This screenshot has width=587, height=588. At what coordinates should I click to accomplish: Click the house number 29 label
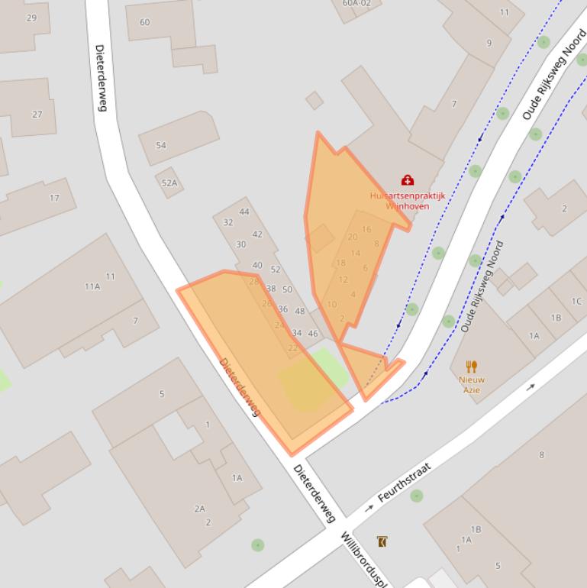tap(31, 18)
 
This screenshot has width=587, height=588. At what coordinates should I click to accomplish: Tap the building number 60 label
tap(144, 22)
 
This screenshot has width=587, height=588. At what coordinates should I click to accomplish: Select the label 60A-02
tap(356, 3)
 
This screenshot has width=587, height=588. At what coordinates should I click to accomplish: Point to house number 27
tap(37, 115)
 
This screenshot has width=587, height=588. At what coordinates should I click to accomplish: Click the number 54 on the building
tap(160, 145)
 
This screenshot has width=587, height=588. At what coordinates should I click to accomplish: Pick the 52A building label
tap(169, 183)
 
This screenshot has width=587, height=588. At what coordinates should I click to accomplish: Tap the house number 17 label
tap(54, 198)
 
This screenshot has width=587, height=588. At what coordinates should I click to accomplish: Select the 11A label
tap(92, 286)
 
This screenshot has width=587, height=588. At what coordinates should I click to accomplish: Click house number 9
tap(489, 43)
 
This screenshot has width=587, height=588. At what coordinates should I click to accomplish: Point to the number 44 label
tap(244, 212)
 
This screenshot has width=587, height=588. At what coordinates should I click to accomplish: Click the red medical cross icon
tap(408, 180)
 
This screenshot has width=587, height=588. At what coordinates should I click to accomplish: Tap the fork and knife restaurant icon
tap(472, 367)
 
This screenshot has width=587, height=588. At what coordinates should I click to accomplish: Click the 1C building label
tap(576, 302)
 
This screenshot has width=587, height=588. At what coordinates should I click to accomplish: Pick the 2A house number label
tap(199, 509)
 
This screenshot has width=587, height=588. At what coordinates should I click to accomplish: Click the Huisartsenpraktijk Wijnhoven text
tap(407, 201)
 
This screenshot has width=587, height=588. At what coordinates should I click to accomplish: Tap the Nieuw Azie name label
tap(472, 385)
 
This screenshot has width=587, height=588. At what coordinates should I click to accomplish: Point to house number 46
tap(313, 334)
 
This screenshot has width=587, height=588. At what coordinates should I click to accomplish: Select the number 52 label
tap(276, 270)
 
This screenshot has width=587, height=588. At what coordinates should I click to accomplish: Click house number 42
tap(257, 234)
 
